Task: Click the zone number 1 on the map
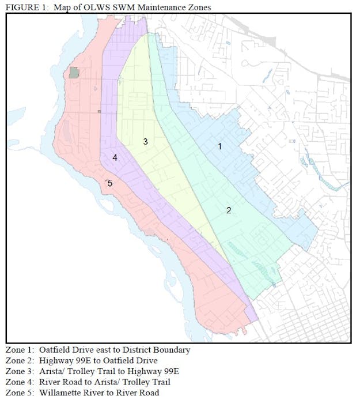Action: (x=219, y=146)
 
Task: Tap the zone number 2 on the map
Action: (x=229, y=210)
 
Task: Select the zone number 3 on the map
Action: (x=146, y=141)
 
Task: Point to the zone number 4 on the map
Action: (x=115, y=157)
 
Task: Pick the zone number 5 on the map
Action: (x=109, y=183)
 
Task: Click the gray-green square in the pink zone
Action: (x=74, y=72)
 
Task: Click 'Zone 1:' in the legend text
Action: (x=20, y=350)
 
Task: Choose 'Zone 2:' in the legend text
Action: (x=20, y=360)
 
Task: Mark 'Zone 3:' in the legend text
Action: (x=20, y=371)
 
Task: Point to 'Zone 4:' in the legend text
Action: (x=20, y=382)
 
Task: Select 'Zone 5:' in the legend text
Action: (x=20, y=393)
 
